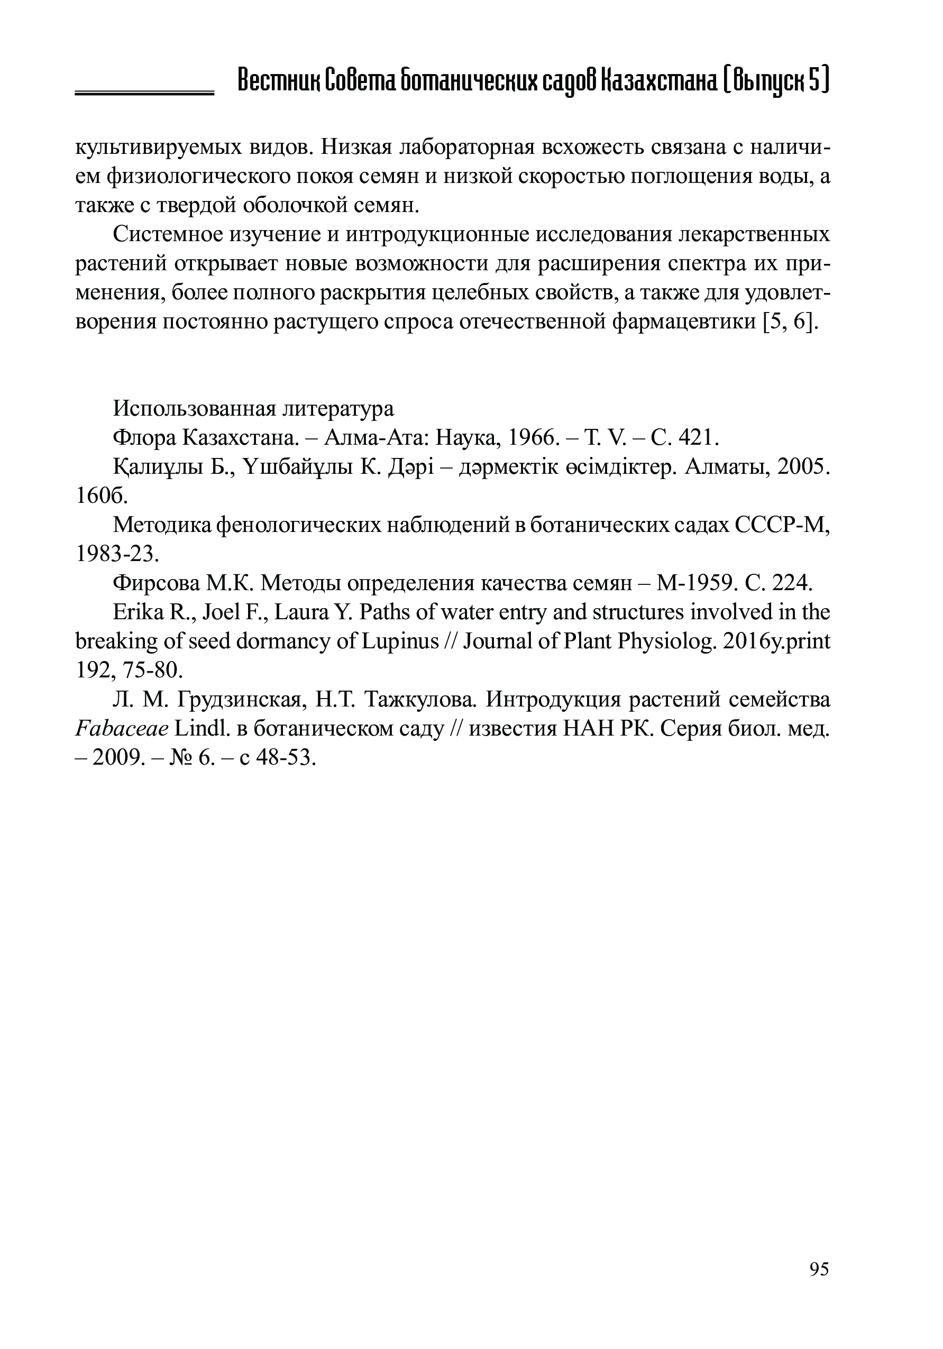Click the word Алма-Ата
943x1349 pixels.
coord(376,438)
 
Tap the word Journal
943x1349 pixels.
coord(500,641)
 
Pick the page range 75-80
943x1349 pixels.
coord(154,671)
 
